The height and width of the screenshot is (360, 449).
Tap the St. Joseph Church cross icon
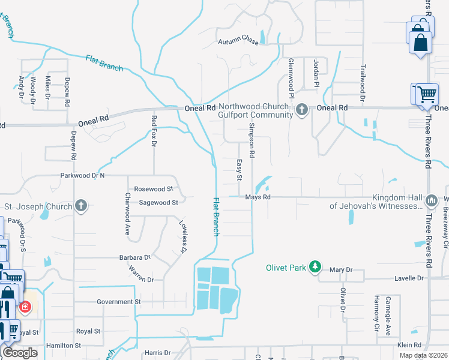point(82,206)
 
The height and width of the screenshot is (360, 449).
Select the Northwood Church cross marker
point(302,109)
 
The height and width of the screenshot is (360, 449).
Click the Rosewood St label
point(153,188)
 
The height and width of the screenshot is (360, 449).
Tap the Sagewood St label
point(158,203)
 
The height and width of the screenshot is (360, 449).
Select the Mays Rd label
point(258,197)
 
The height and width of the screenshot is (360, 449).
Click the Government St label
point(118,302)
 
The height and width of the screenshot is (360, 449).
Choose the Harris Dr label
point(158,353)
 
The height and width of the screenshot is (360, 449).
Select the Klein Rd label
point(410,346)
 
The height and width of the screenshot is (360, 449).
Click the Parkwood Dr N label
point(82,176)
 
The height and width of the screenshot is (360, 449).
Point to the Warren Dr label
point(142,279)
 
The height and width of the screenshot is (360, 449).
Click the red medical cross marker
point(25,308)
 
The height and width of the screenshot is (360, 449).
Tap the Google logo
point(20,353)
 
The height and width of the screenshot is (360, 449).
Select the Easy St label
point(238,169)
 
